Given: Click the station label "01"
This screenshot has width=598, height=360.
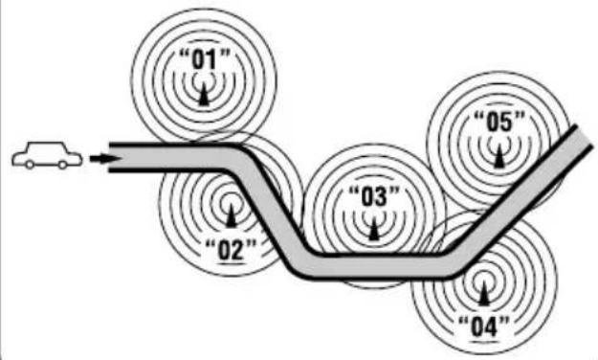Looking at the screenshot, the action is tap(205, 60).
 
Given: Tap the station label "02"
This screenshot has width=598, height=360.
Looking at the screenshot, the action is tap(231, 251).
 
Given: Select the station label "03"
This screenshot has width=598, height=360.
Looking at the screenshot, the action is tap(374, 197).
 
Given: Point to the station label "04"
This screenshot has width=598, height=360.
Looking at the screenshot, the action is tap(484, 326).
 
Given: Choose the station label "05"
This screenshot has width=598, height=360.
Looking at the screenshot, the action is tap(499, 123).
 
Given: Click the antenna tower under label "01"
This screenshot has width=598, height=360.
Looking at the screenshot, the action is tap(204, 94).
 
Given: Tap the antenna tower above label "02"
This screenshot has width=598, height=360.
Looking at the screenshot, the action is tap(231, 215).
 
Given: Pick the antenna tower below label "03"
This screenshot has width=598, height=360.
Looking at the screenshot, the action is tap(374, 228).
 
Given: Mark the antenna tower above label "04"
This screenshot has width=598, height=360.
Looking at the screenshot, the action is tap(484, 294).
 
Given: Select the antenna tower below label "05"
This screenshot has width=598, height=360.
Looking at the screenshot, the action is tap(499, 156).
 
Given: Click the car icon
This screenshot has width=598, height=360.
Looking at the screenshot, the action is tap(47, 155).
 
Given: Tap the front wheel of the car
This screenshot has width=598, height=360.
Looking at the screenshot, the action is tap(62, 165).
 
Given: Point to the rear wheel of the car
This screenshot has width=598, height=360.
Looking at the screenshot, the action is tap(30, 165).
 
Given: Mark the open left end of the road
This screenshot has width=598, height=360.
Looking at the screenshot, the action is tap(109, 157).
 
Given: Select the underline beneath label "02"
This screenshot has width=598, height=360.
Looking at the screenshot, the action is tap(231, 263).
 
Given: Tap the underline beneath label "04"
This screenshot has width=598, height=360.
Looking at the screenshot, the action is tap(484, 340).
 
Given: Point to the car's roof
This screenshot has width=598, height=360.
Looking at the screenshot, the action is tap(46, 144).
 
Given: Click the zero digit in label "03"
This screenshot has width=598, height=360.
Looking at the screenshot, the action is tap(367, 197).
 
